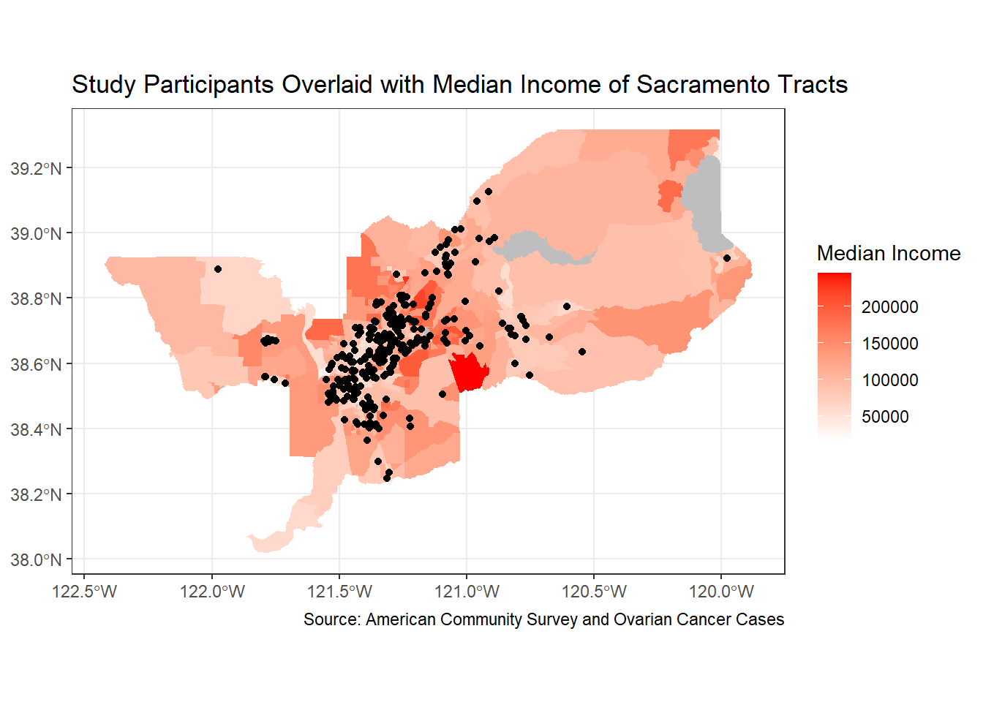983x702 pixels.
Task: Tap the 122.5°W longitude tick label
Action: [x=85, y=591]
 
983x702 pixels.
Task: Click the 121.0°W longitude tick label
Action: [x=467, y=591]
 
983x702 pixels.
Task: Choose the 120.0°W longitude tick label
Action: [x=721, y=591]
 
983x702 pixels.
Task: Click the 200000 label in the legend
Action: [x=889, y=307]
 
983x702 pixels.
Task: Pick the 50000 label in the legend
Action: [x=885, y=417]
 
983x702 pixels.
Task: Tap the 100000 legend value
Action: [x=889, y=380]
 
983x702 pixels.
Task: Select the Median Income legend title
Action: [x=888, y=253]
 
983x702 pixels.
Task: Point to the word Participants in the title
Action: [x=209, y=85]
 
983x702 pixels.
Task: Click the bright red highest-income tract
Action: [x=469, y=371]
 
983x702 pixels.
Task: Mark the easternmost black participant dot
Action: [x=726, y=258]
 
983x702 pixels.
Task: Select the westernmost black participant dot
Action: [x=218, y=269]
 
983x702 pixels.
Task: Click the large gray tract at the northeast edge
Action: [x=706, y=201]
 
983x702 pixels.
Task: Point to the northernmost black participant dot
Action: [x=489, y=192]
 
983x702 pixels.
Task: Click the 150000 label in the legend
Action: [x=889, y=344]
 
